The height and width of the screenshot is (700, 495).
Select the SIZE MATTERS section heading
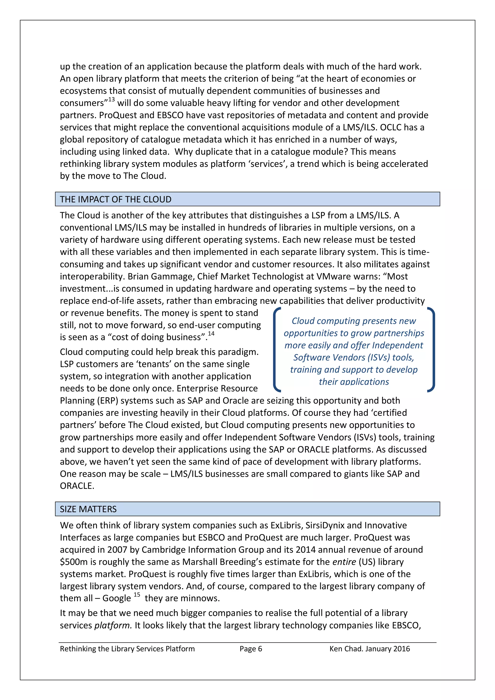(x=88, y=509)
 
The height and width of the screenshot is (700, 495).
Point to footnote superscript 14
(x=211, y=333)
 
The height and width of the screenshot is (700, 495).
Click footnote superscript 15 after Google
(x=137, y=594)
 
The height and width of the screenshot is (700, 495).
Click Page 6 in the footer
(x=250, y=649)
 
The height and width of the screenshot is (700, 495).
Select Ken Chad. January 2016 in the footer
(x=369, y=649)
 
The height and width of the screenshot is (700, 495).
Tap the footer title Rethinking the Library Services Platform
(x=127, y=649)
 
